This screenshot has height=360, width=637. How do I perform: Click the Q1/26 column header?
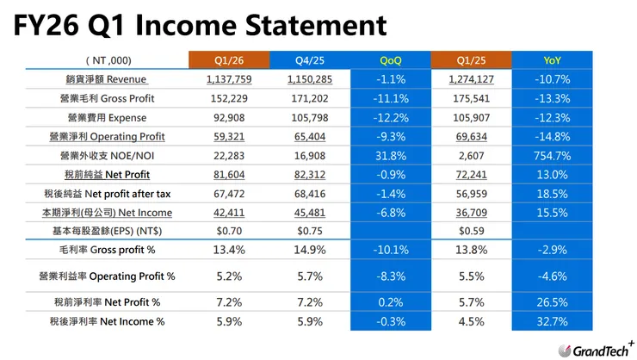227,60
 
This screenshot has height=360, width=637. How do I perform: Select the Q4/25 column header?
308,60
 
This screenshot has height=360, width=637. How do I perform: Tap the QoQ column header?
390,60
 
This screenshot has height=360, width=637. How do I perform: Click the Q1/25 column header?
471,60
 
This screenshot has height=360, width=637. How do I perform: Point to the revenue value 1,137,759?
227,79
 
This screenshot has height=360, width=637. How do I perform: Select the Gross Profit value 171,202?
308,98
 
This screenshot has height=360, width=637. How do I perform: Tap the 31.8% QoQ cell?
390,155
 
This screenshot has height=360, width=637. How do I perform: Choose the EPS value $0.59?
471,232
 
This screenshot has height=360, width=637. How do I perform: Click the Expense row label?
103,117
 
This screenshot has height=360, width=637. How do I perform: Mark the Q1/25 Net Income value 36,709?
471,213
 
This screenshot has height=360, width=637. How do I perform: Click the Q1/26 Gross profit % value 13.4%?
227,251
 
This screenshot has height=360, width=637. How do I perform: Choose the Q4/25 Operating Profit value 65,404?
308,136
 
